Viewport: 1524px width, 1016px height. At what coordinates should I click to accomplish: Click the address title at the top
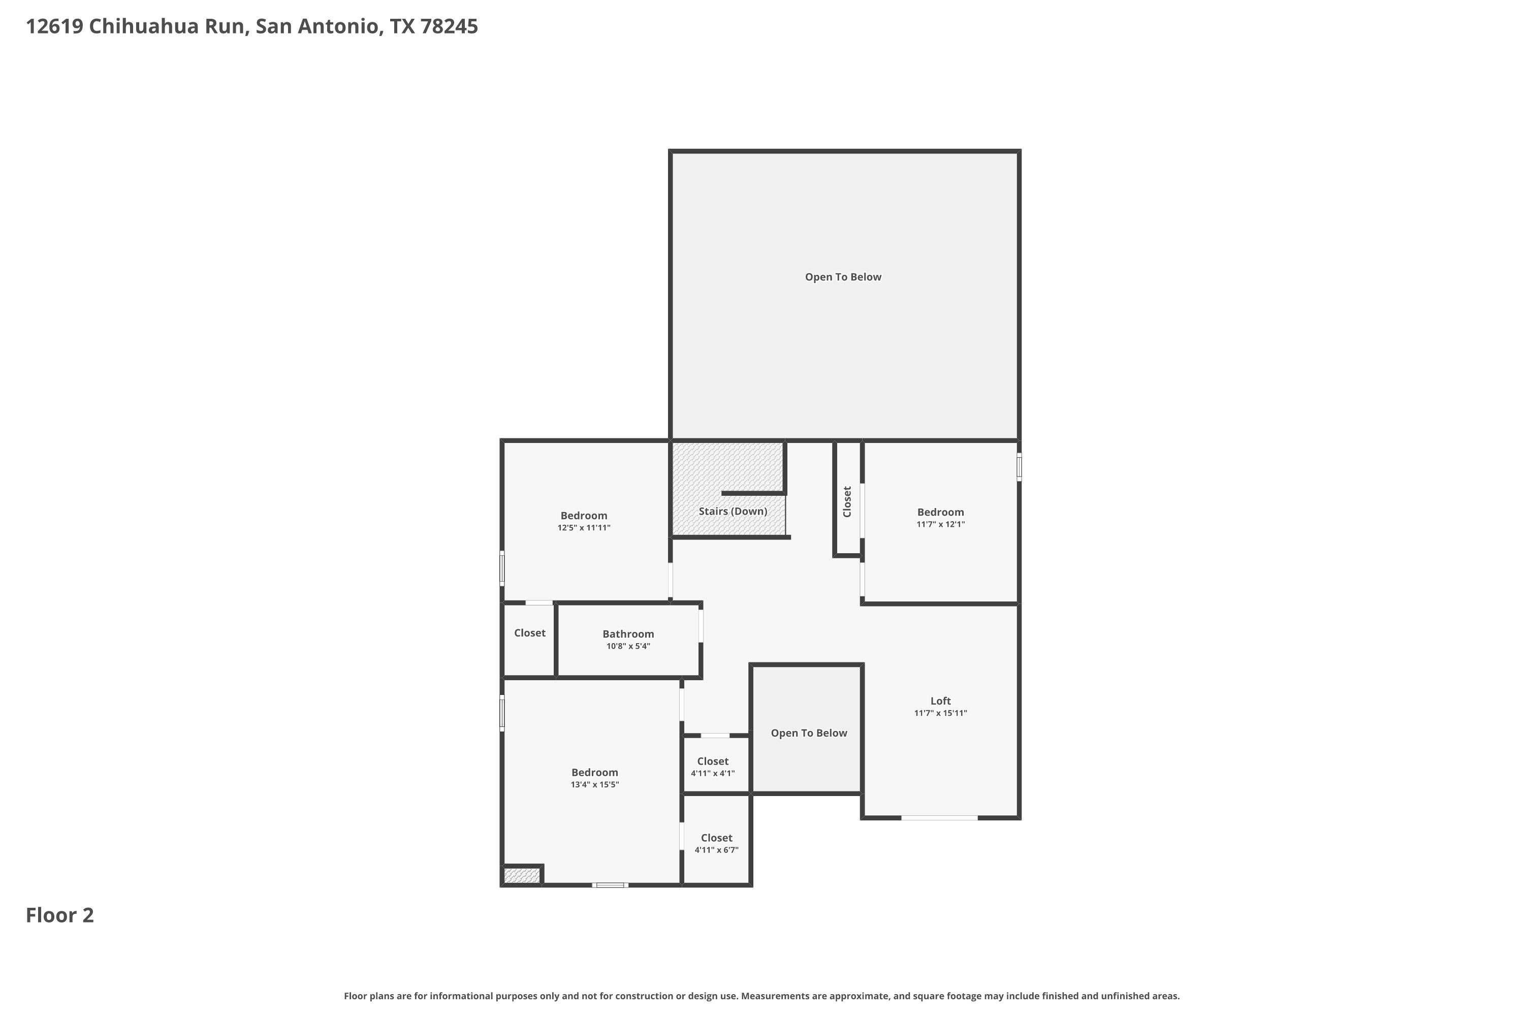tap(252, 26)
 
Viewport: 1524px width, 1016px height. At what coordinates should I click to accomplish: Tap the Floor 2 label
tap(59, 915)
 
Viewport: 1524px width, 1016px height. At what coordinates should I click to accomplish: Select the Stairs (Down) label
tap(733, 511)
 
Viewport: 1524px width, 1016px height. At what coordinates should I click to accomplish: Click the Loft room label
tap(940, 701)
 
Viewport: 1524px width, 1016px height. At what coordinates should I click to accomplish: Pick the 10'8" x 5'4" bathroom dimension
tap(628, 646)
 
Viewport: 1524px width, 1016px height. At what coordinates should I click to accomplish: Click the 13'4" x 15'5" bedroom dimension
tap(595, 785)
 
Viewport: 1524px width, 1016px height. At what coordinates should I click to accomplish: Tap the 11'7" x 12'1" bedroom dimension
tap(940, 524)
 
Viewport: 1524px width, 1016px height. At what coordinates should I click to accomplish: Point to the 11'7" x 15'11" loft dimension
tap(940, 713)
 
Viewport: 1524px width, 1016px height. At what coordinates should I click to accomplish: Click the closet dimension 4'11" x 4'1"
tap(713, 773)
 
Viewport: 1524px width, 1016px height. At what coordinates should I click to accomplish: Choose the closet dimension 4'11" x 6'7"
tap(717, 849)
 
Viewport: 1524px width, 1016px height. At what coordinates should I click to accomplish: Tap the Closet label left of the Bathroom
tap(529, 633)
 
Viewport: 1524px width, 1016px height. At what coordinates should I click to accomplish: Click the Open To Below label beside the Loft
tap(809, 733)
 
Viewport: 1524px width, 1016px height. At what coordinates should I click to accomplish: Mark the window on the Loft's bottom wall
tap(939, 818)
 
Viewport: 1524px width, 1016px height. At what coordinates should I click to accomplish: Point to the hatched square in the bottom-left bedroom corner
tap(522, 875)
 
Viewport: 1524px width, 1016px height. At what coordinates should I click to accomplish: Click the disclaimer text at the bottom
tap(761, 996)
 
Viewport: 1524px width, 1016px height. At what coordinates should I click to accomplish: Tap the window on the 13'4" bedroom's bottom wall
tap(610, 884)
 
